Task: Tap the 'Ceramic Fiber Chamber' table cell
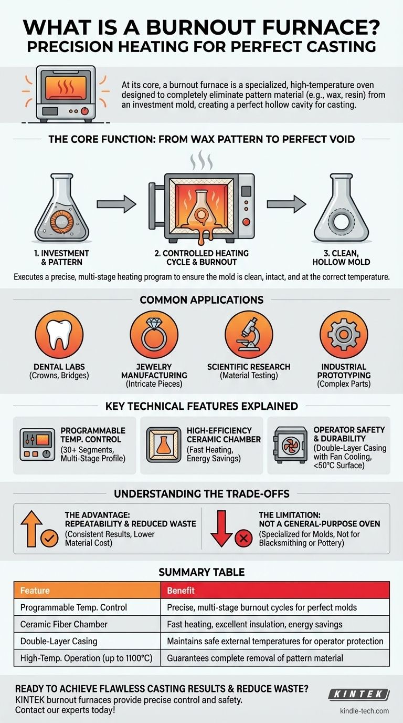(x=63, y=624)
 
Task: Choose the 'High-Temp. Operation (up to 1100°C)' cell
(x=86, y=658)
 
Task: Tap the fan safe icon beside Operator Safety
(x=290, y=444)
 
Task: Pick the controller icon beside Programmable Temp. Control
(x=37, y=445)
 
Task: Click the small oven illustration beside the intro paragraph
(x=65, y=93)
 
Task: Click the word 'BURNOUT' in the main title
(x=174, y=26)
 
